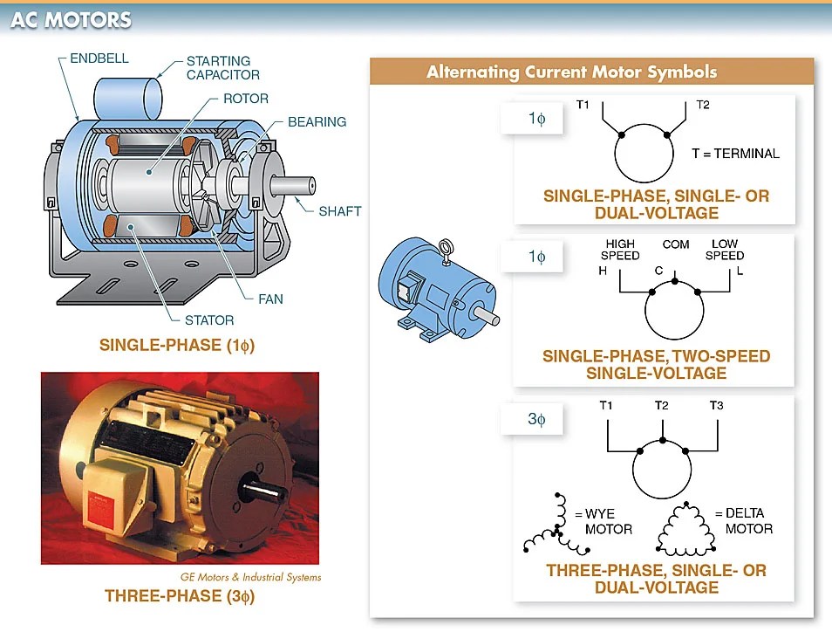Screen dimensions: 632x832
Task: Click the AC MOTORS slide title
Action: pos(71,20)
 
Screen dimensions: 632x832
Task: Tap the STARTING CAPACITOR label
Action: pos(222,68)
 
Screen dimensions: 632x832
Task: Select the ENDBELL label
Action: pos(99,58)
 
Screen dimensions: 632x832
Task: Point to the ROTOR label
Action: pos(245,99)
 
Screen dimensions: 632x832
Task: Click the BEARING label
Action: pos(317,122)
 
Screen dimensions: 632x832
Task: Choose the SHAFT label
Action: pos(339,211)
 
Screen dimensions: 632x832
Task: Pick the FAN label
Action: pos(270,299)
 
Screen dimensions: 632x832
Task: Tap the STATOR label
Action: pos(208,320)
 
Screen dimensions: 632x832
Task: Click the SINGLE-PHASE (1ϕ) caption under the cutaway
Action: pos(177,346)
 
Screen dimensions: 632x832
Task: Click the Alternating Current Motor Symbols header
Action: pos(571,72)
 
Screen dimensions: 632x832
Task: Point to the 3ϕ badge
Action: pos(535,420)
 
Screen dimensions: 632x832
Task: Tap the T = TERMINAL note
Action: pos(735,154)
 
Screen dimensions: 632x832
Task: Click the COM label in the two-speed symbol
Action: pos(675,244)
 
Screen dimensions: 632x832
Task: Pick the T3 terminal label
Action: pos(716,405)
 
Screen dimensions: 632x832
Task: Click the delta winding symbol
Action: pos(683,529)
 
